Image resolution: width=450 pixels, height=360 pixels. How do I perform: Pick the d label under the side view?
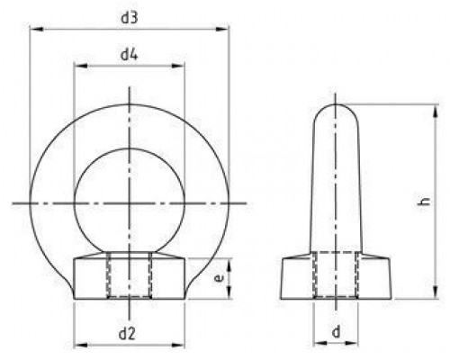pyautogui.click(x=336, y=333)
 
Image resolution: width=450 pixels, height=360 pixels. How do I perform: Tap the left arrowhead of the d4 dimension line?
pyautogui.click(x=76, y=67)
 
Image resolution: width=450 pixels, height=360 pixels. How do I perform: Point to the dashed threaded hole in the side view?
pyautogui.click(x=336, y=277)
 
